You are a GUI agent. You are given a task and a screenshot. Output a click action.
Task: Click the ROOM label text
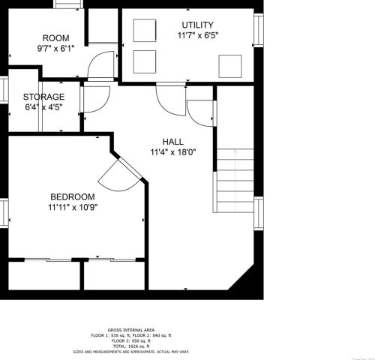click(55, 38)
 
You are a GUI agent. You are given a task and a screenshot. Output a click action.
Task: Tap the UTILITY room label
click(198, 25)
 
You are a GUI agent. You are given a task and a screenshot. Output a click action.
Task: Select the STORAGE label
click(43, 97)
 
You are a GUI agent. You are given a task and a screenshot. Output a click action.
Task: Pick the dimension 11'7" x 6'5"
click(198, 35)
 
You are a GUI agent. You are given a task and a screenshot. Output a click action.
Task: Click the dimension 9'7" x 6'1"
click(55, 49)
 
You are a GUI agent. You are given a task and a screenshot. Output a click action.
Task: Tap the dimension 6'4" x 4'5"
click(43, 107)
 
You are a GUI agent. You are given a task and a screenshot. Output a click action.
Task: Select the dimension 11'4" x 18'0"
click(173, 151)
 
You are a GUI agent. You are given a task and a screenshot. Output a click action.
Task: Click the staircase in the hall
click(234, 180)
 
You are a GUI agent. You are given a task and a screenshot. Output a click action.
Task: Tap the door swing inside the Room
click(101, 66)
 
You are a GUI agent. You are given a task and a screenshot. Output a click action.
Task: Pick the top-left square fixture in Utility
click(144, 30)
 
